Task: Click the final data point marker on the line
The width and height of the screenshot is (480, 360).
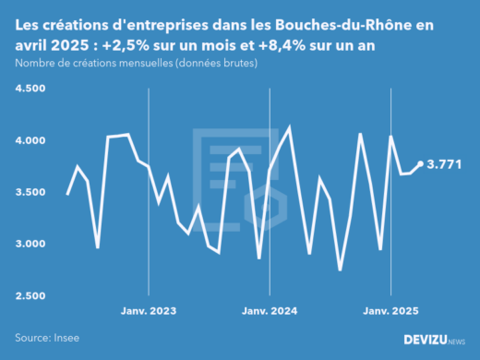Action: tap(421, 164)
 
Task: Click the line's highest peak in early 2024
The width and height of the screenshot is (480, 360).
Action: tap(290, 127)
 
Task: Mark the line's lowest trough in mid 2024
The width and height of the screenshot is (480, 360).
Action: tap(340, 270)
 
